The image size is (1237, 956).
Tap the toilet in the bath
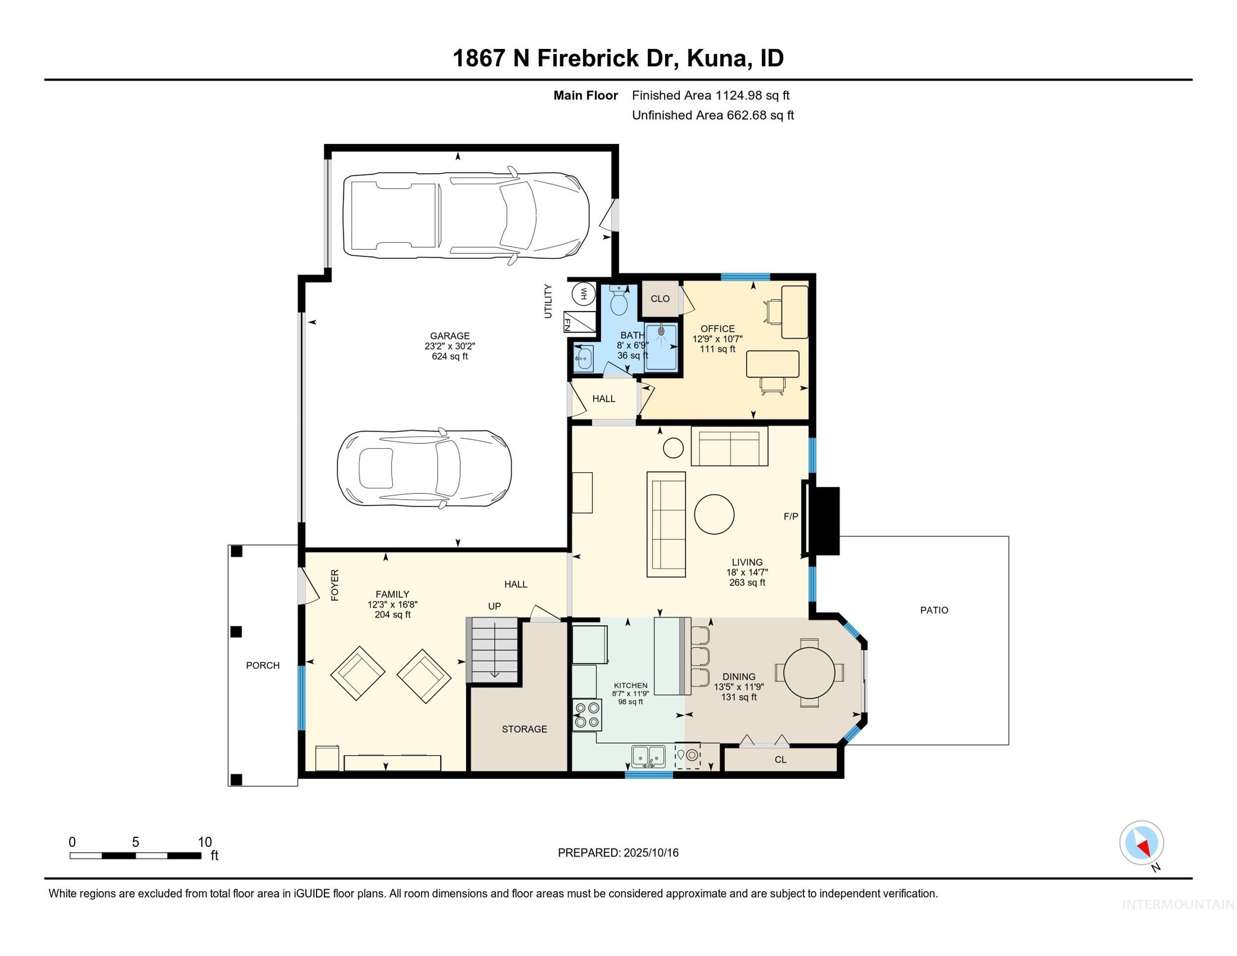click(x=619, y=301)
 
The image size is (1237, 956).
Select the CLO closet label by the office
click(x=660, y=298)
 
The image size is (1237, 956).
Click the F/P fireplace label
click(x=791, y=516)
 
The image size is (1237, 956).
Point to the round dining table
click(x=809, y=672)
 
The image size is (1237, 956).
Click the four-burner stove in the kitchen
click(x=587, y=715)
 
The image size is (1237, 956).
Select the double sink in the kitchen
click(x=649, y=756)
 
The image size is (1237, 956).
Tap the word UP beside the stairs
click(x=494, y=606)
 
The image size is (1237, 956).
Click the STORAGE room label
click(x=524, y=729)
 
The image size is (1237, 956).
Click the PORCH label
click(x=263, y=666)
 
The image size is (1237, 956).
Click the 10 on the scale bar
click(x=204, y=842)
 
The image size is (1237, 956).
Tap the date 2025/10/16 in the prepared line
click(x=651, y=853)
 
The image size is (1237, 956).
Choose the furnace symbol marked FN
click(x=579, y=322)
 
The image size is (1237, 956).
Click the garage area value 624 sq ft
click(x=450, y=356)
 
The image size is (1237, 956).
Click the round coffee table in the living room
click(x=714, y=514)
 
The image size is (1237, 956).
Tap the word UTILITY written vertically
click(x=548, y=301)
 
